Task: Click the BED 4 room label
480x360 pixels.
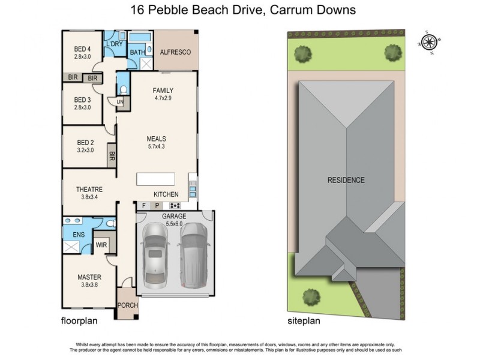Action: click(x=82, y=49)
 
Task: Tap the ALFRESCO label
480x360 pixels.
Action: click(x=175, y=53)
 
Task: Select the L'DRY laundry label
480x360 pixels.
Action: click(x=115, y=44)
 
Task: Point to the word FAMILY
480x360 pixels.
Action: click(x=163, y=91)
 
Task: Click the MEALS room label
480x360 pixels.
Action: click(x=157, y=139)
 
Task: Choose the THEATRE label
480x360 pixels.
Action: click(x=89, y=190)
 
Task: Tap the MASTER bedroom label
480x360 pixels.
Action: click(x=89, y=277)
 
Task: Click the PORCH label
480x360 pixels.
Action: click(x=127, y=305)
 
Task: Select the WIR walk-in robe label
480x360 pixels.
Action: click(x=101, y=245)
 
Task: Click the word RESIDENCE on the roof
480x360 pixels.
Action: click(x=346, y=180)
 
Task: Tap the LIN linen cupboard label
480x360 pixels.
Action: click(x=120, y=103)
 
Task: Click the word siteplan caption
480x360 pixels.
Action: click(x=304, y=321)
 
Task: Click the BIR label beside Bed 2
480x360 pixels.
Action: click(x=112, y=157)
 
